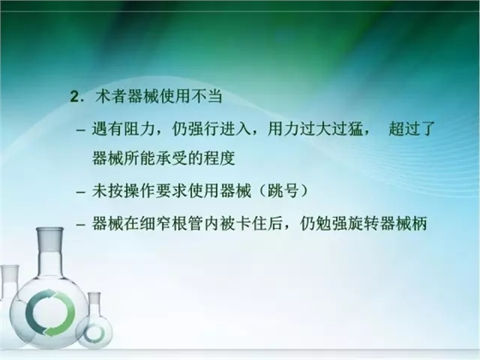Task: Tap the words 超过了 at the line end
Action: click(412, 130)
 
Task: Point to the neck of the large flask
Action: click(48, 253)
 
